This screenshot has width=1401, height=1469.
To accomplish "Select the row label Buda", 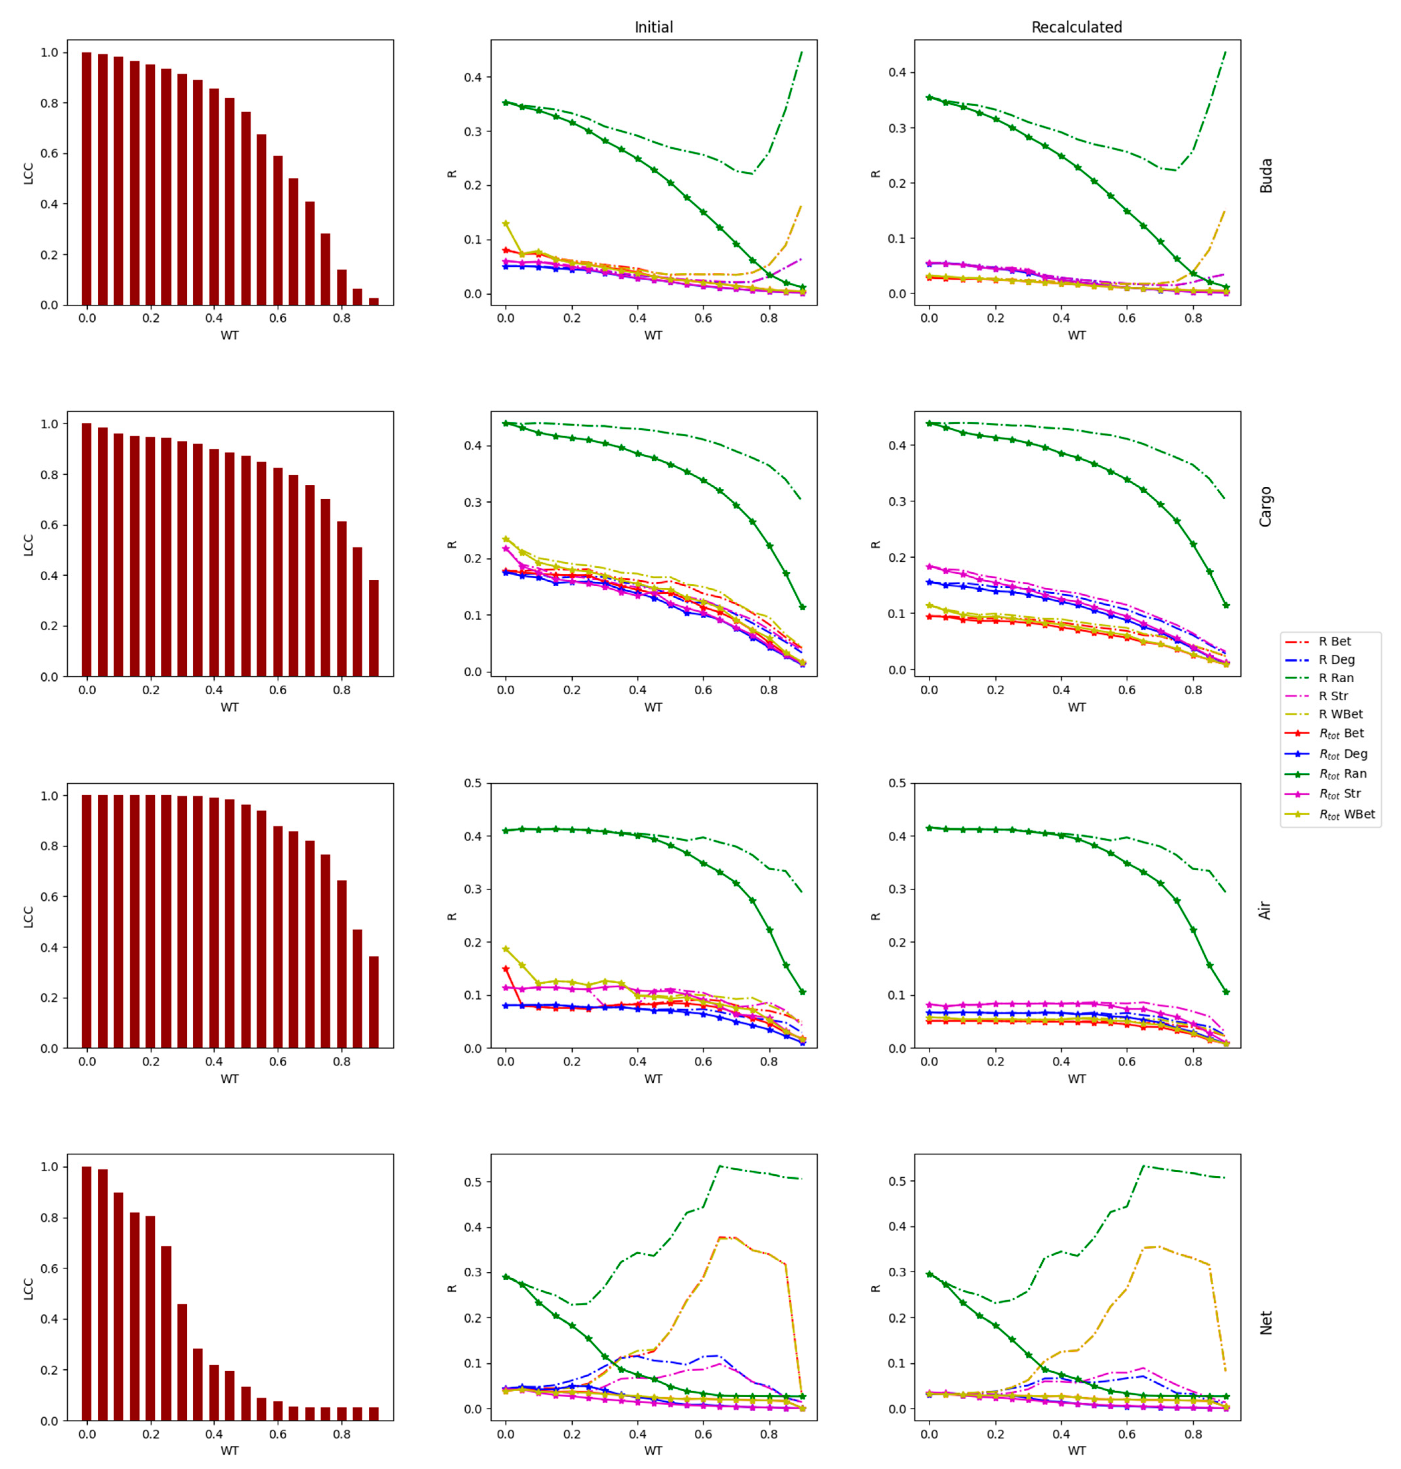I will [1266, 175].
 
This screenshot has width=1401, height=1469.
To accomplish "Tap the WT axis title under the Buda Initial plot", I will [653, 335].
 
